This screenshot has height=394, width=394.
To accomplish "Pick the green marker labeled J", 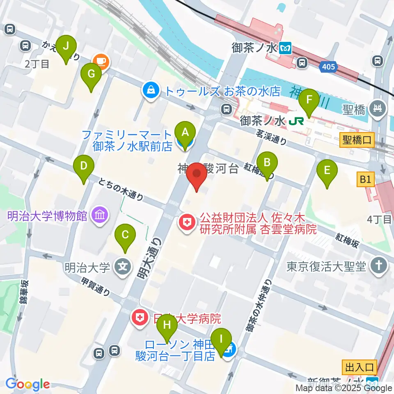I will [x=66, y=48].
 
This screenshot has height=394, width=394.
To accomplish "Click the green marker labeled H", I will [x=167, y=326].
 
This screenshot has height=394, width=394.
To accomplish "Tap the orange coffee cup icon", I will [x=101, y=62].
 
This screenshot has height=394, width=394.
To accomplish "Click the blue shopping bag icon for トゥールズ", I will [x=151, y=90].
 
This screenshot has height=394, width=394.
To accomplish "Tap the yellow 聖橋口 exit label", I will [x=356, y=141].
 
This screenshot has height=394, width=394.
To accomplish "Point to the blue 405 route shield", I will [x=328, y=66].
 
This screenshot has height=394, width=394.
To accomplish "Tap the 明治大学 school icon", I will [x=122, y=267].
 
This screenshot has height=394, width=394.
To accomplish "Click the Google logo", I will [x=28, y=385].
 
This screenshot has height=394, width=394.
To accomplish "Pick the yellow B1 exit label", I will [x=366, y=180].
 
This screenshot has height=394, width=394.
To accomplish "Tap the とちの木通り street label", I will [x=121, y=191].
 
